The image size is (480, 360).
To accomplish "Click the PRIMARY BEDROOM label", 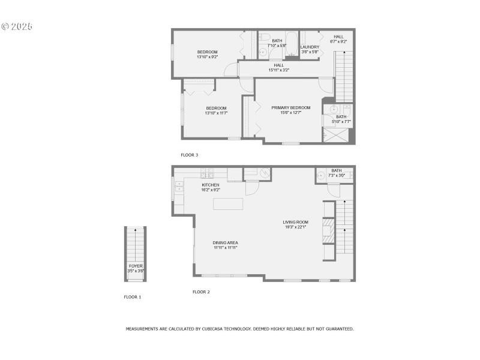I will tap(291, 108).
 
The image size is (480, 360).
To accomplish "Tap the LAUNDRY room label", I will tap(310, 47).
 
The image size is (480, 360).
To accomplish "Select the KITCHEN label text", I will tap(211, 185).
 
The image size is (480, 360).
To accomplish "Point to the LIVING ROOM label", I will tap(295, 222).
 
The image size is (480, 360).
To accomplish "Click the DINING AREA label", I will tap(225, 243).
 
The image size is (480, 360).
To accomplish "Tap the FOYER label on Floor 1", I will tap(136, 265).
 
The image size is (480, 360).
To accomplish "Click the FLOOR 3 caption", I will tap(190, 155).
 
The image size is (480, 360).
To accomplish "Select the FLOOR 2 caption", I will tap(201, 292).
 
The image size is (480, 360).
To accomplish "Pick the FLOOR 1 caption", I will tap(133, 296).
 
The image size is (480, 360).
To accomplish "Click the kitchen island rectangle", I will tap(228, 204).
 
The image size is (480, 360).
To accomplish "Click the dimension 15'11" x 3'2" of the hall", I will tap(279, 70).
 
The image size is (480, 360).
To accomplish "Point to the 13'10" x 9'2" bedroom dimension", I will tap(208, 56).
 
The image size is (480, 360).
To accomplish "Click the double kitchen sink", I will tap(178, 190).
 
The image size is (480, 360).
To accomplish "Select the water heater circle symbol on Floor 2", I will tap(265, 172).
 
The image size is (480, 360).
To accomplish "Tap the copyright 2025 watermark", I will tap(17, 26).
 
